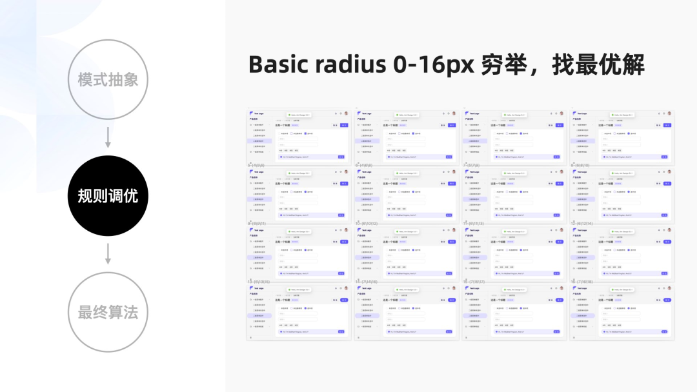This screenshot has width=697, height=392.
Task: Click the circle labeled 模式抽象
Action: pos(108,79)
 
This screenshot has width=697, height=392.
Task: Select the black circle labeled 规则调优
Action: pos(108,196)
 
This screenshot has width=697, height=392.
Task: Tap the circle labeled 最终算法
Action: pos(108,313)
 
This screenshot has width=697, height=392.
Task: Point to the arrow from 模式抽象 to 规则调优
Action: pos(108,137)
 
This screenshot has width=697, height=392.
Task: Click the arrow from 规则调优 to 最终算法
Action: pos(108,254)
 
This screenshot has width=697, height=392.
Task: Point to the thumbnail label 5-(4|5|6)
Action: pos(256,166)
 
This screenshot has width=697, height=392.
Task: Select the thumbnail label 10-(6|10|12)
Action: pos(367,224)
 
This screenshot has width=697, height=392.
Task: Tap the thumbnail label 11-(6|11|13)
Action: pos(474,224)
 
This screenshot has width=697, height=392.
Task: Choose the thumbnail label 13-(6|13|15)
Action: pos(259,282)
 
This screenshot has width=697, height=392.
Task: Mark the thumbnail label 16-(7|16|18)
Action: pos(581,282)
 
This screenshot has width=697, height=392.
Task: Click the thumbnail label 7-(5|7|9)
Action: pos(472,166)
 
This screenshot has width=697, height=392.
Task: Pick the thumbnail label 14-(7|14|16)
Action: pos(367,282)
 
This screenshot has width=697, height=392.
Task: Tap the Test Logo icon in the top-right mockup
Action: pos(574,113)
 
